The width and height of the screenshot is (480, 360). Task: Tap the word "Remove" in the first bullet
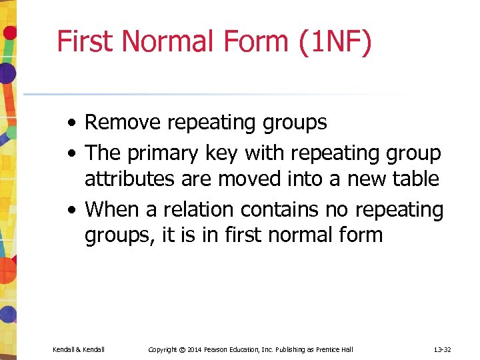(123, 123)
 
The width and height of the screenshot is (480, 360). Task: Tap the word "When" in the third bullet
(111, 209)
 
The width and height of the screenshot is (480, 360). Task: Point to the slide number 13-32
(443, 349)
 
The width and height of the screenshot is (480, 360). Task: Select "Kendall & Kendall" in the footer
(79, 349)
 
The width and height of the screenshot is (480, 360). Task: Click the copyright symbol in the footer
(181, 349)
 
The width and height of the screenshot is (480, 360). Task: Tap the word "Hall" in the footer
(347, 349)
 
